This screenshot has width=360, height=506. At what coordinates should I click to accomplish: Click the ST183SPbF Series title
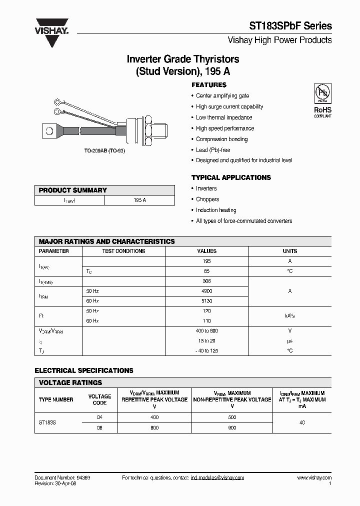point(290,26)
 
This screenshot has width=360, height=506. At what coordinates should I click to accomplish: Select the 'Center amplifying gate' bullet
point(222,96)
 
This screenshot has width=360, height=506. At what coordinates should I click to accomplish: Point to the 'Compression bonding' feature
point(221,139)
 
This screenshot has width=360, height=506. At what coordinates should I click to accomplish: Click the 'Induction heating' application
point(216,210)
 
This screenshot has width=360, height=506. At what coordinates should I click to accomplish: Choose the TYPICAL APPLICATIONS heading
point(231,177)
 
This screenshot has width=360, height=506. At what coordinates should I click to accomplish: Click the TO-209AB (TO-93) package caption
point(104,150)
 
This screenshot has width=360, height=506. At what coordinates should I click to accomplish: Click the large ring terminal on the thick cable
point(50,131)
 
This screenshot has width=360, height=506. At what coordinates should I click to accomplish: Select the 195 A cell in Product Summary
point(139,200)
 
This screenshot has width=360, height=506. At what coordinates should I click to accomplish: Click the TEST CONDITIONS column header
point(123,251)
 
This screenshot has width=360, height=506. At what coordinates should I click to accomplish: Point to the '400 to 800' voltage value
point(207,331)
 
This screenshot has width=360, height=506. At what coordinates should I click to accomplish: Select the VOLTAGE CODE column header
point(99,399)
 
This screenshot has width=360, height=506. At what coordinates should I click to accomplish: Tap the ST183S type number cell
point(47,423)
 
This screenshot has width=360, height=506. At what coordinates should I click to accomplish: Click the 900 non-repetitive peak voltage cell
point(231,428)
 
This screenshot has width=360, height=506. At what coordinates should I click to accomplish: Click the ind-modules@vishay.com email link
point(217,478)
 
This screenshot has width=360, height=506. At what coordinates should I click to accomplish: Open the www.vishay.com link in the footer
point(314,478)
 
